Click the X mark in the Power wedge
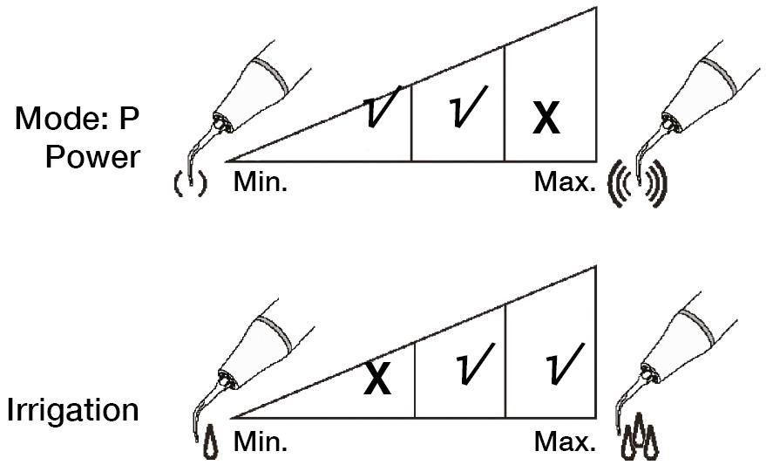point(546,120)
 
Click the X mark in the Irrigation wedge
point(377,380)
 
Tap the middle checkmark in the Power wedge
point(467,107)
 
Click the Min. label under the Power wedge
point(261,182)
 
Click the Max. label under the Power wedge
point(565,182)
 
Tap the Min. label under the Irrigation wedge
point(261,441)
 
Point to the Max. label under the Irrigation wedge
point(565,441)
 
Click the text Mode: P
point(78,119)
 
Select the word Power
point(93,157)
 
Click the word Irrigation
point(73,411)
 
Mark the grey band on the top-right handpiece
point(719,77)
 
